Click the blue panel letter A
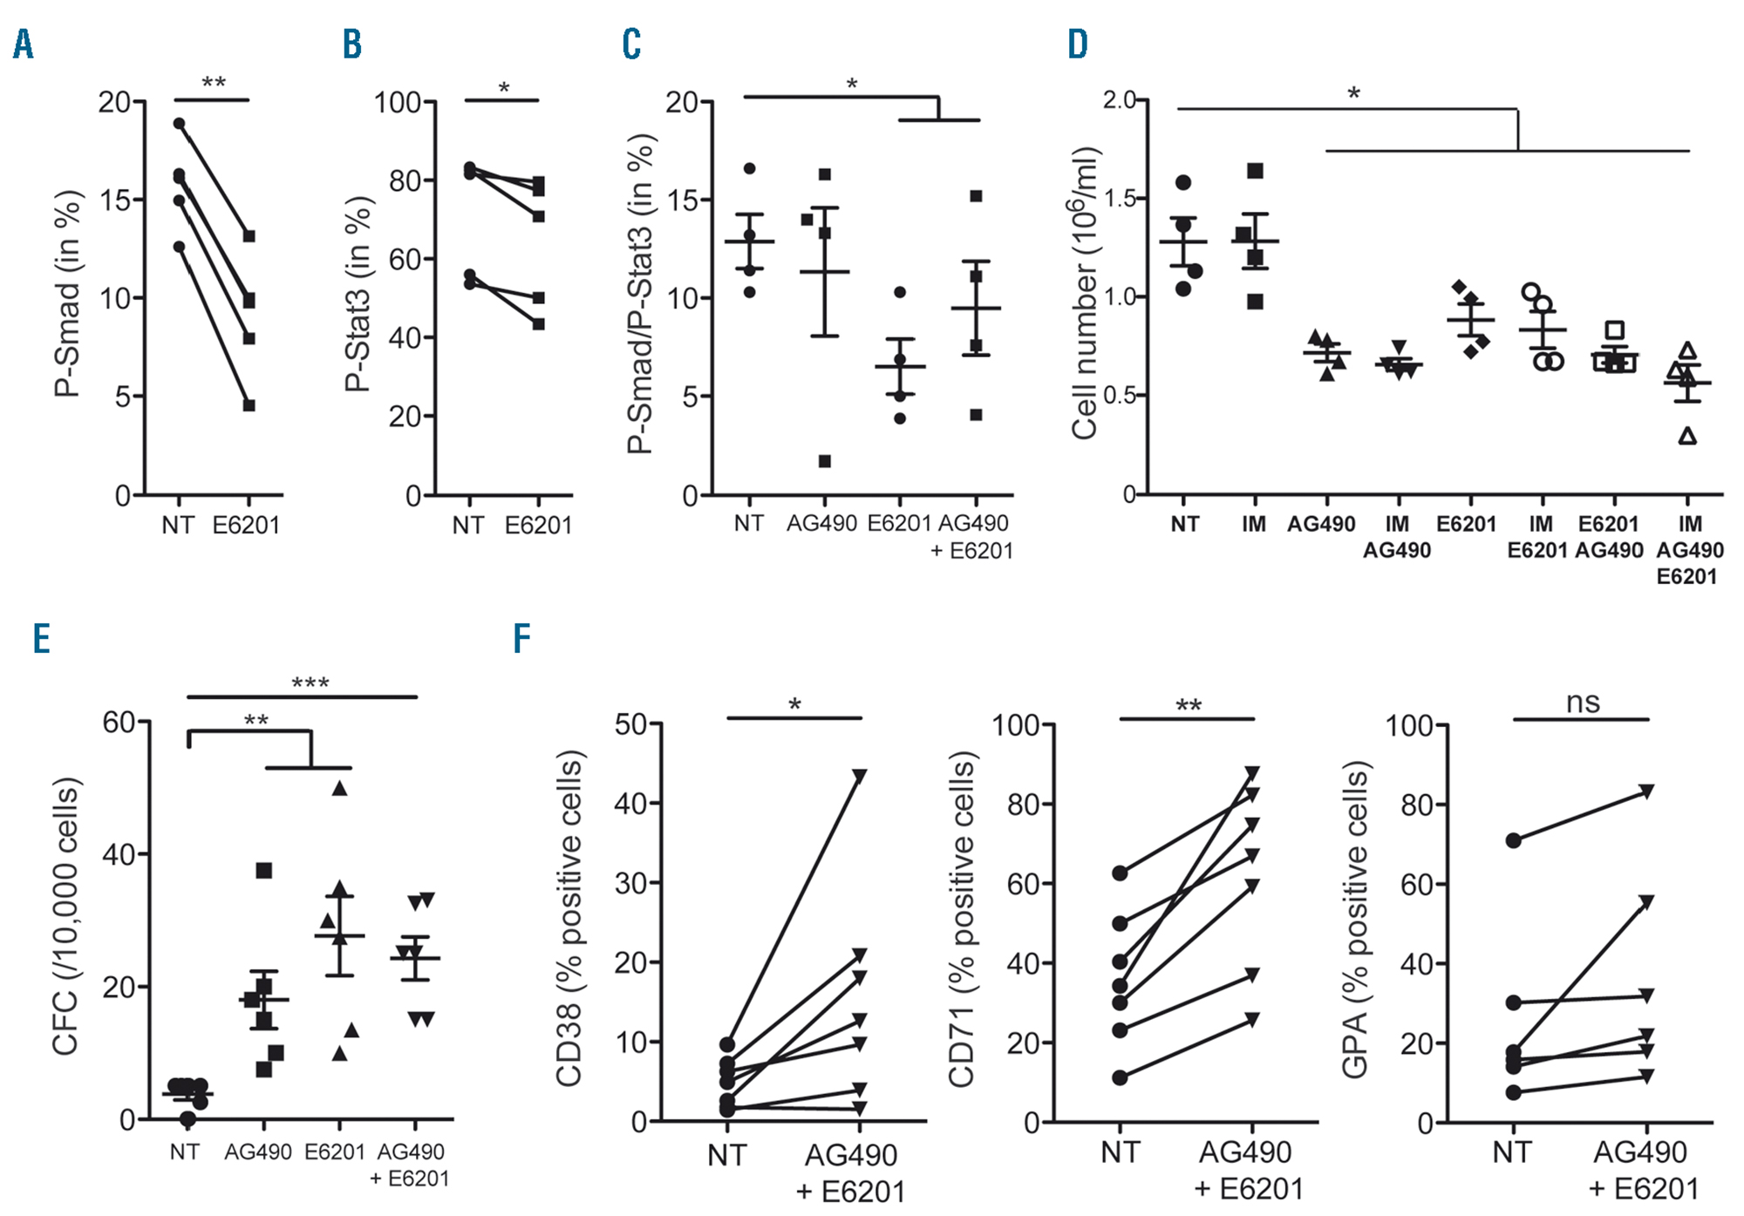click(24, 44)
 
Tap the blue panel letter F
click(521, 638)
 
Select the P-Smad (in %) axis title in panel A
click(67, 295)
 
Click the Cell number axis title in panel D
click(1085, 295)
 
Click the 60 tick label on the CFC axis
click(119, 722)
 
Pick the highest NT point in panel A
click(179, 124)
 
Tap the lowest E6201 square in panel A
click(249, 405)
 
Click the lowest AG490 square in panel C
click(824, 461)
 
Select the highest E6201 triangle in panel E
click(340, 789)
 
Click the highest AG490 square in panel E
click(264, 870)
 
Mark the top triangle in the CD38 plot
click(860, 776)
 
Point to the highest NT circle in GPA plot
click(1514, 840)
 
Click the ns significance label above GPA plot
click(1583, 703)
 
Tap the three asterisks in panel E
click(310, 683)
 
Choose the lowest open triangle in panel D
click(1688, 436)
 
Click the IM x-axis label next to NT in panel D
click(1254, 524)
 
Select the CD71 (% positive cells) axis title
click(962, 922)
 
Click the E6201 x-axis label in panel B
click(538, 525)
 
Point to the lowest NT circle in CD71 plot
click(1120, 1077)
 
